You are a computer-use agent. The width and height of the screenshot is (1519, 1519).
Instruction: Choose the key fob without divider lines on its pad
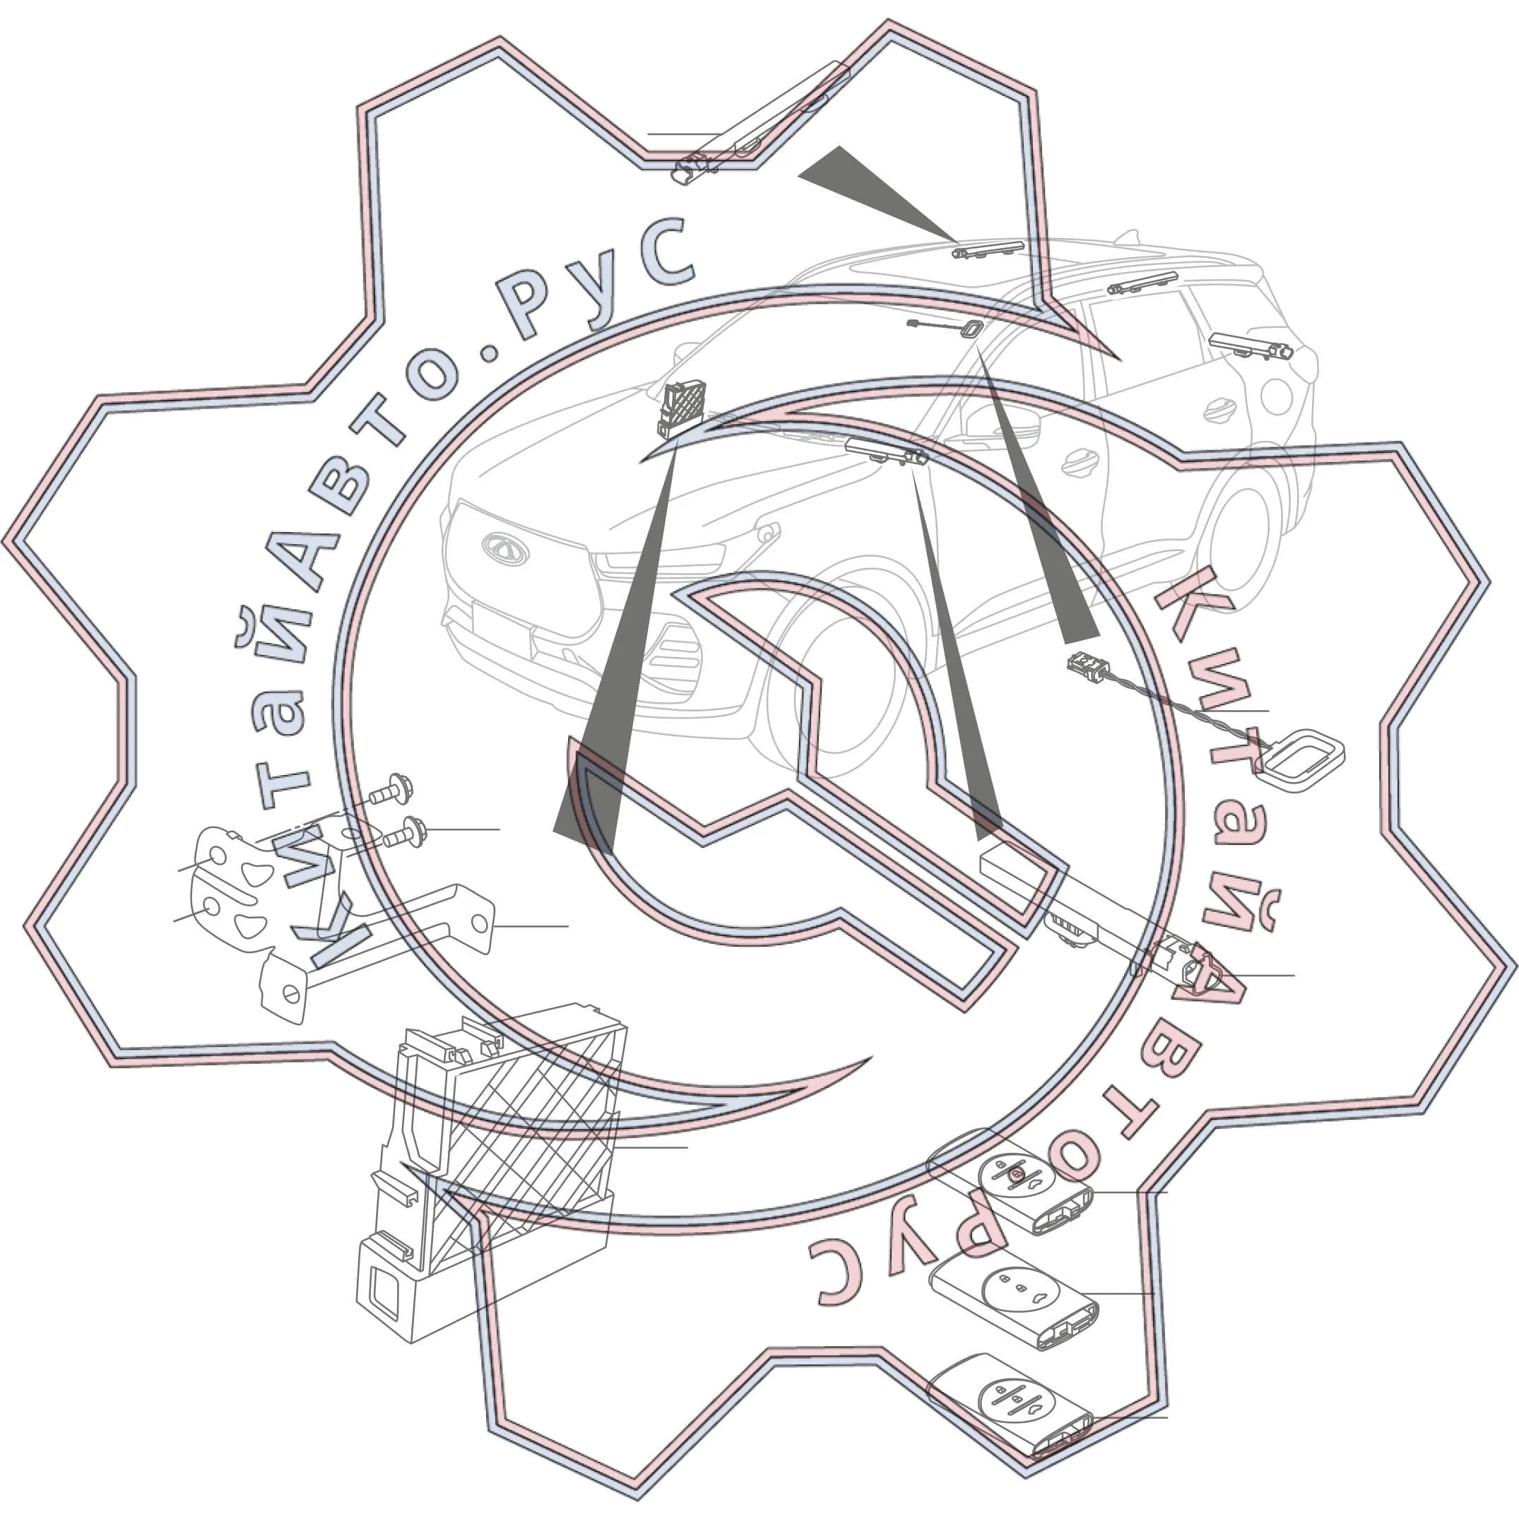[x=1015, y=1301]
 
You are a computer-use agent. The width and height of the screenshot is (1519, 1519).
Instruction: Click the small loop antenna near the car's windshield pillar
[x=971, y=329]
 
